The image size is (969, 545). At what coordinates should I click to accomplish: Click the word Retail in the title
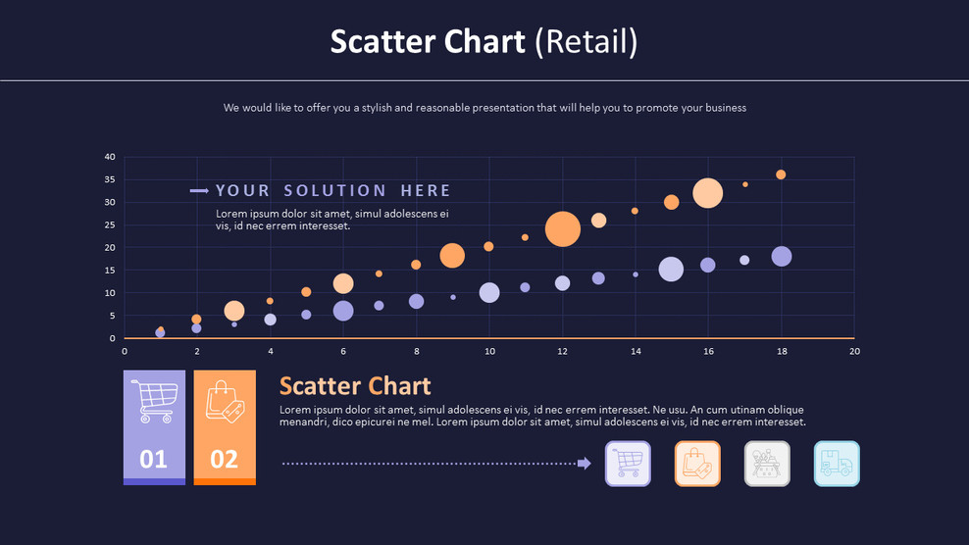588,41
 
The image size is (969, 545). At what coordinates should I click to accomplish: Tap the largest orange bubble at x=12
562,228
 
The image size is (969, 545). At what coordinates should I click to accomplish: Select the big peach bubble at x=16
707,193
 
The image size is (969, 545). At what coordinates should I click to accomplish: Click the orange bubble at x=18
781,174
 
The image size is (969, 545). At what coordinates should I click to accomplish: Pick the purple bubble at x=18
781,257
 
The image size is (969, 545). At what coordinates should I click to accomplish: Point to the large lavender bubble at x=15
671,270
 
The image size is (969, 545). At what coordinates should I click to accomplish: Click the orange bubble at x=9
452,256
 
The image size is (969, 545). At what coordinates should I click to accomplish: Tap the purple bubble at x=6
342,311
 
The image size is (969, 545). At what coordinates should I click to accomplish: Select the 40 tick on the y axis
110,157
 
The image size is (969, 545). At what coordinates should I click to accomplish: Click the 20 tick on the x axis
854,351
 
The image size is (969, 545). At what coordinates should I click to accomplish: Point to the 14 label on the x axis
635,351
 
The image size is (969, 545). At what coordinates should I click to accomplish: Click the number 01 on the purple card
153,459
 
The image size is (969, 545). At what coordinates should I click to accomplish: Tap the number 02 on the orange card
225,459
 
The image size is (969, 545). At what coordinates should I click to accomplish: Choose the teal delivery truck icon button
837,464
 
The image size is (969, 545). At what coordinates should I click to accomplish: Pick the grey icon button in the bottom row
767,464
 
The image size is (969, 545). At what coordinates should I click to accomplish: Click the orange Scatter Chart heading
355,386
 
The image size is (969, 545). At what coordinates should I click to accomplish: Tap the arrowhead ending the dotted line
585,464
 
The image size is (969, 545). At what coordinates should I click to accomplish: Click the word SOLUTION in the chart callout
334,190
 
